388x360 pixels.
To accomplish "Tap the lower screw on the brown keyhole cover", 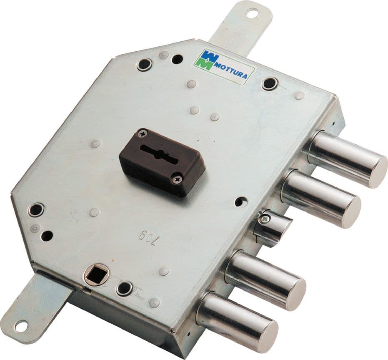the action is pyautogui.click(x=179, y=177).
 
